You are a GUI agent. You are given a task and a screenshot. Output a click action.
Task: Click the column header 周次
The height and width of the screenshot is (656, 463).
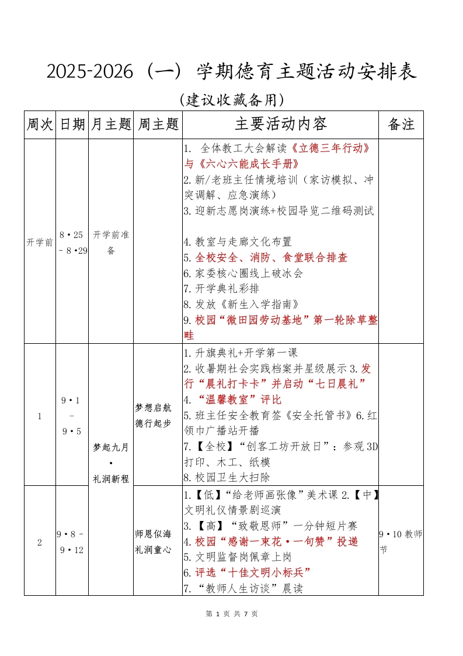(40, 124)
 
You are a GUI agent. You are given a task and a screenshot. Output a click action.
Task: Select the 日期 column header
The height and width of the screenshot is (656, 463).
(72, 124)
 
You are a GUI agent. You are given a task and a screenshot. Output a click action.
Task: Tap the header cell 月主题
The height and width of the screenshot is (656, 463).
(111, 124)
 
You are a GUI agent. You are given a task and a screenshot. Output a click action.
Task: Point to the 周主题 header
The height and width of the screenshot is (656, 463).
(158, 124)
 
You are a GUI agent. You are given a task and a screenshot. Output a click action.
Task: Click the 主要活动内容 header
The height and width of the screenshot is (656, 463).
(281, 124)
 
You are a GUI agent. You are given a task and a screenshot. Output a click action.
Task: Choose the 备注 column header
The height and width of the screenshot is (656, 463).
(401, 124)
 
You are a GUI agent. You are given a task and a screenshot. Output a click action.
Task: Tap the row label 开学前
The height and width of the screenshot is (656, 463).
(40, 242)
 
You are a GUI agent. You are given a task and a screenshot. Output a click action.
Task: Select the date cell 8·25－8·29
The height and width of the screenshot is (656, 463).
(72, 242)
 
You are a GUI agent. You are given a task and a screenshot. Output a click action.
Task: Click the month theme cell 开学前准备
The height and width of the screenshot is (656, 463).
(111, 242)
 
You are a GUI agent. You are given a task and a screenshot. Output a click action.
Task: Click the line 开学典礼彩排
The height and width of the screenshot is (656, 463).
(221, 289)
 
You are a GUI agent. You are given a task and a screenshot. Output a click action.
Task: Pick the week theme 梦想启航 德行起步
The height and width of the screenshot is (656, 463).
(154, 415)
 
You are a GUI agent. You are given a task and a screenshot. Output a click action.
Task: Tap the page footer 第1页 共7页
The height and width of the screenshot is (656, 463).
(232, 614)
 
